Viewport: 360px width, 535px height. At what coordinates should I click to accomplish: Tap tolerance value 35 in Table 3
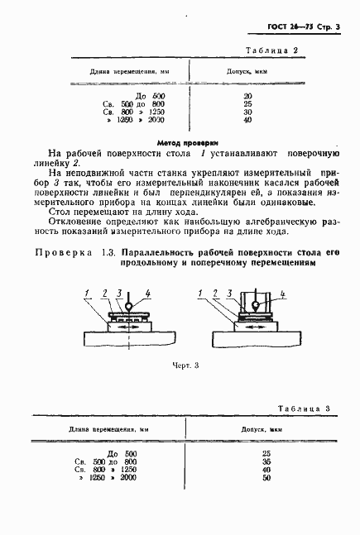click(266, 462)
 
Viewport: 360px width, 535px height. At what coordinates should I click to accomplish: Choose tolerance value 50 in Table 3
click(266, 479)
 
